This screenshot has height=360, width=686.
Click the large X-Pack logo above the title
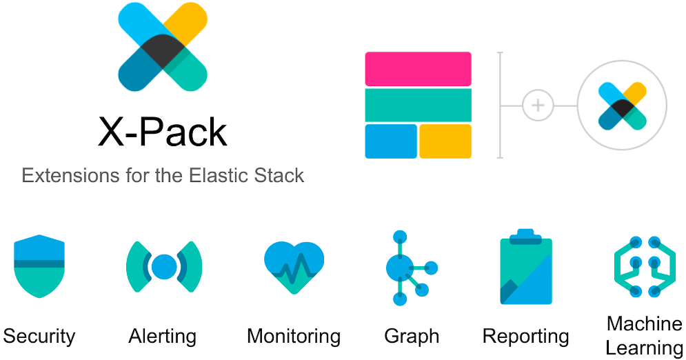163,46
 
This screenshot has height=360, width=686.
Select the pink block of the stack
418,69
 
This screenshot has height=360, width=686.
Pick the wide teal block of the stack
418,105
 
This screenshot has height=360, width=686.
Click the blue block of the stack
391,141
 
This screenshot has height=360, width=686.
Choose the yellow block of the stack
445,141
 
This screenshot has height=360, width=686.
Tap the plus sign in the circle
538,106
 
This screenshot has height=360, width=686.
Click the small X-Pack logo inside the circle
622,106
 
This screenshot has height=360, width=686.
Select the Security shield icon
39,266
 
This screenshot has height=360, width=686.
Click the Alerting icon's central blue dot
164,266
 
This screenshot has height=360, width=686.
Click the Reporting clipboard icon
526,268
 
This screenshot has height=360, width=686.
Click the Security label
39,337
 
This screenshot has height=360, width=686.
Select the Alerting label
163,337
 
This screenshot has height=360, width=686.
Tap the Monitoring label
294,337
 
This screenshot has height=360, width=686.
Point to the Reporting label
526,337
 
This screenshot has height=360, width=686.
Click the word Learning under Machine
644,347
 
